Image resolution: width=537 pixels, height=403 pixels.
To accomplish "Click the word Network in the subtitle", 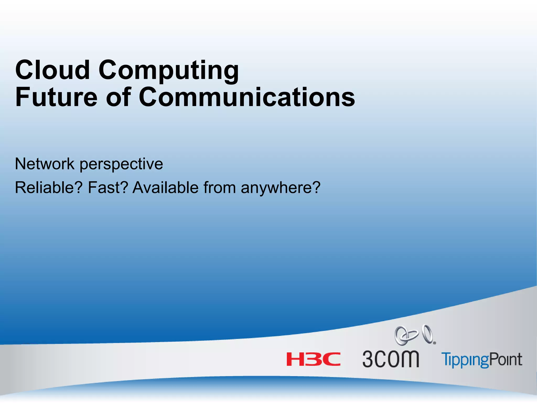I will point(45,164).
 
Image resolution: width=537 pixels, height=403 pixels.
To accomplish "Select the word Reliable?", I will point(49,188).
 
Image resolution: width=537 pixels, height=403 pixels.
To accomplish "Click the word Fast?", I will point(108,188).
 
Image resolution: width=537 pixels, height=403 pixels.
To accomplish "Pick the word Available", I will point(165,188).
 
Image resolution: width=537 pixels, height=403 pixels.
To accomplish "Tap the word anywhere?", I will point(281,188).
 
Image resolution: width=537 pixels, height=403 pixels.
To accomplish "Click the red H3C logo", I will point(313,359).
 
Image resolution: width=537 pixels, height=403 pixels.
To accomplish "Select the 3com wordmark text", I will point(391,359).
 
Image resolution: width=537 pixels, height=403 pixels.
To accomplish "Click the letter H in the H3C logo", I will point(295,359).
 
